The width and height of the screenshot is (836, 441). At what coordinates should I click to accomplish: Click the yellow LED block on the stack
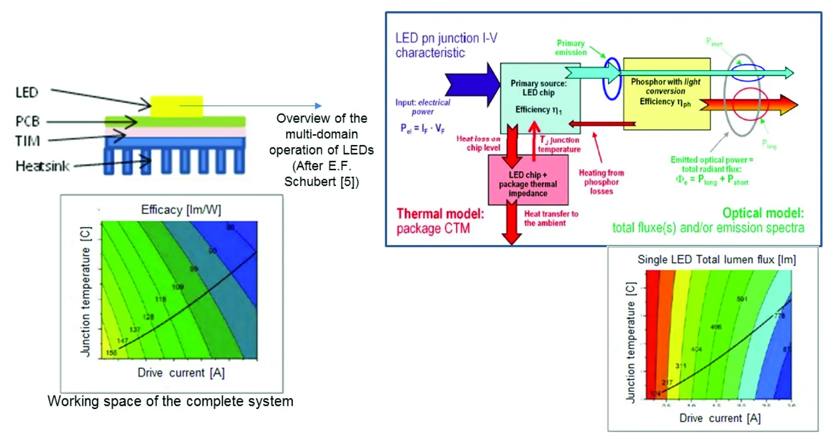tap(176, 106)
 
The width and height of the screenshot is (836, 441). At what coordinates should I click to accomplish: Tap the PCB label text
tap(27, 121)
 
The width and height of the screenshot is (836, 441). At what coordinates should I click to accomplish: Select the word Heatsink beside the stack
tap(42, 166)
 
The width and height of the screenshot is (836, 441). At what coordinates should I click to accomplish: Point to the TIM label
tap(27, 141)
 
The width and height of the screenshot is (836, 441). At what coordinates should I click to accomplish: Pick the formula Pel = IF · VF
tap(422, 129)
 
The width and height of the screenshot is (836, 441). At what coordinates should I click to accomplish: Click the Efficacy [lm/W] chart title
tap(181, 210)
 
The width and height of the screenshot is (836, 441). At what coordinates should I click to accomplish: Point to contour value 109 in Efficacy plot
tap(178, 287)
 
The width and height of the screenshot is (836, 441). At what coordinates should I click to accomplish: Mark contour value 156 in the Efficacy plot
tap(111, 353)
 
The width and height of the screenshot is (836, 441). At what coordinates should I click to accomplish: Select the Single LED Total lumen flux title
tap(716, 260)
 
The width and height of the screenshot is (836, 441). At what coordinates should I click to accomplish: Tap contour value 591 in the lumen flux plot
tap(742, 299)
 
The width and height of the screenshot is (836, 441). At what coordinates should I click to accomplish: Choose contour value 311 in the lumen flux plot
tap(681, 366)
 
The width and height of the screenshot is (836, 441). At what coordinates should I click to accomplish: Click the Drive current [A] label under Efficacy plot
tap(181, 373)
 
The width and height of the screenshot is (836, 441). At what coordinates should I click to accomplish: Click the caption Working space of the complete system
tap(170, 401)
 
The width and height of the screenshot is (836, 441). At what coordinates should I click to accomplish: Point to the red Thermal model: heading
tap(440, 214)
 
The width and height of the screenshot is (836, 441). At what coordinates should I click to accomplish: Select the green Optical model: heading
tap(763, 213)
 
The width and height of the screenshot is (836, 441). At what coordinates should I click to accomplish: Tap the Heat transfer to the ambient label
tap(551, 218)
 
